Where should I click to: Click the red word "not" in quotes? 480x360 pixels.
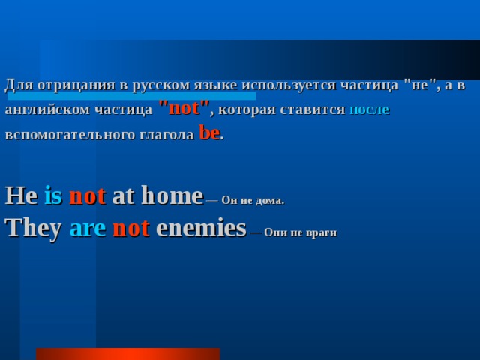[184, 108]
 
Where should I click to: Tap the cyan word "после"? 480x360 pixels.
[369, 109]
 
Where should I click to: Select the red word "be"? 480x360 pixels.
[209, 133]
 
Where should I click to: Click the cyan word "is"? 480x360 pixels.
[52, 196]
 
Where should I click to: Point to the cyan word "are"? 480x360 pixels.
[87, 228]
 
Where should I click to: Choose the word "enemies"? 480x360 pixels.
[201, 228]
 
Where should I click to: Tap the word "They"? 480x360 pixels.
[33, 228]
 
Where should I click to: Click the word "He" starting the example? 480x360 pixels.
[21, 196]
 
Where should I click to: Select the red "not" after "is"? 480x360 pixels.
[87, 196]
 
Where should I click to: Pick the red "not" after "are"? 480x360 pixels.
[130, 228]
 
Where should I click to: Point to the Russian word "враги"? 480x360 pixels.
[321, 232]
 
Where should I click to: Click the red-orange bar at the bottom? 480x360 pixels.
[127, 354]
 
